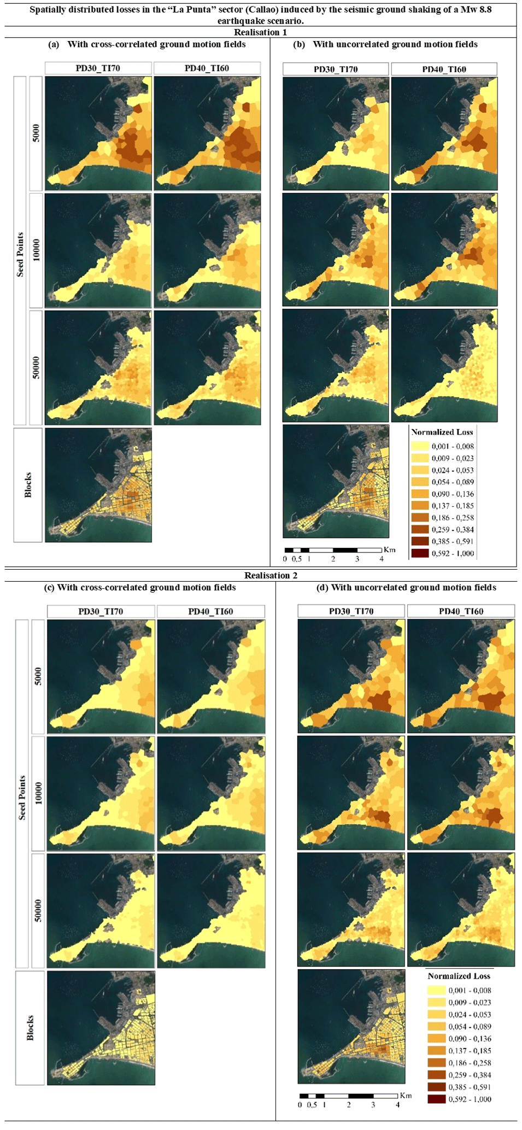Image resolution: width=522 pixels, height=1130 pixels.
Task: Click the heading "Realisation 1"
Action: click(260, 32)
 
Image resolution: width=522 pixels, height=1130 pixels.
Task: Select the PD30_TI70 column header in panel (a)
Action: click(98, 68)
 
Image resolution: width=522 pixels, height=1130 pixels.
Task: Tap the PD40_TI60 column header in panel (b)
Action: click(444, 69)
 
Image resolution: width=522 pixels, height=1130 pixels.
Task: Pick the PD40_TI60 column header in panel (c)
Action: click(210, 611)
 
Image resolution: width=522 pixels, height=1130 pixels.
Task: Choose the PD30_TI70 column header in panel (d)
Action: click(351, 611)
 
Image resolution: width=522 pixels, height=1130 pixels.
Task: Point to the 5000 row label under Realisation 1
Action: click(36, 133)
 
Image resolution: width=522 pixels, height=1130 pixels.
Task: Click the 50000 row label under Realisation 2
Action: click(38, 910)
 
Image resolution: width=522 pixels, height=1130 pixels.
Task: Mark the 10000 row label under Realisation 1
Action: click(36, 250)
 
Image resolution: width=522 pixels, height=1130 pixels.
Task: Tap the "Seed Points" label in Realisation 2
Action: click(22, 797)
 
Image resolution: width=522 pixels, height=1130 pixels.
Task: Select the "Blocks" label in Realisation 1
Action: click(28, 485)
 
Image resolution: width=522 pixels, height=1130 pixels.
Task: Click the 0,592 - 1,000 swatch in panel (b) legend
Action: click(420, 553)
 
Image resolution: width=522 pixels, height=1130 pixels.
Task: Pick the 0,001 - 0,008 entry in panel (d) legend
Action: click(470, 990)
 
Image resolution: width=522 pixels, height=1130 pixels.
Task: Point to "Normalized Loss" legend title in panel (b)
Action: click(442, 432)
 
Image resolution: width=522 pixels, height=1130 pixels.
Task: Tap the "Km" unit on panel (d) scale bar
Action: click(406, 1096)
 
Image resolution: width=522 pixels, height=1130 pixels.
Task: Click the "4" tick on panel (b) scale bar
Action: click(382, 559)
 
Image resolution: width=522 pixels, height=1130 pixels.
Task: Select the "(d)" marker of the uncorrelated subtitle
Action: click(322, 588)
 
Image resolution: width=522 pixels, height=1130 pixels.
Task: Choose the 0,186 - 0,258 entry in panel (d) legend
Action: click(470, 1063)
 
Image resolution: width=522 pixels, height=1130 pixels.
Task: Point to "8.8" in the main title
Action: click(485, 10)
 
